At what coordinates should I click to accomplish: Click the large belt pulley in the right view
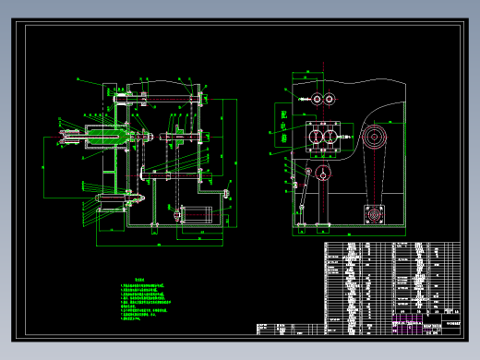374,139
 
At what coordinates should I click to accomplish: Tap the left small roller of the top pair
317,99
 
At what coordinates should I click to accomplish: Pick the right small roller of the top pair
330,99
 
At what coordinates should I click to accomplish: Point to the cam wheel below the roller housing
322,174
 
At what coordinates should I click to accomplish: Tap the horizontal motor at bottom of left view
195,214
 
